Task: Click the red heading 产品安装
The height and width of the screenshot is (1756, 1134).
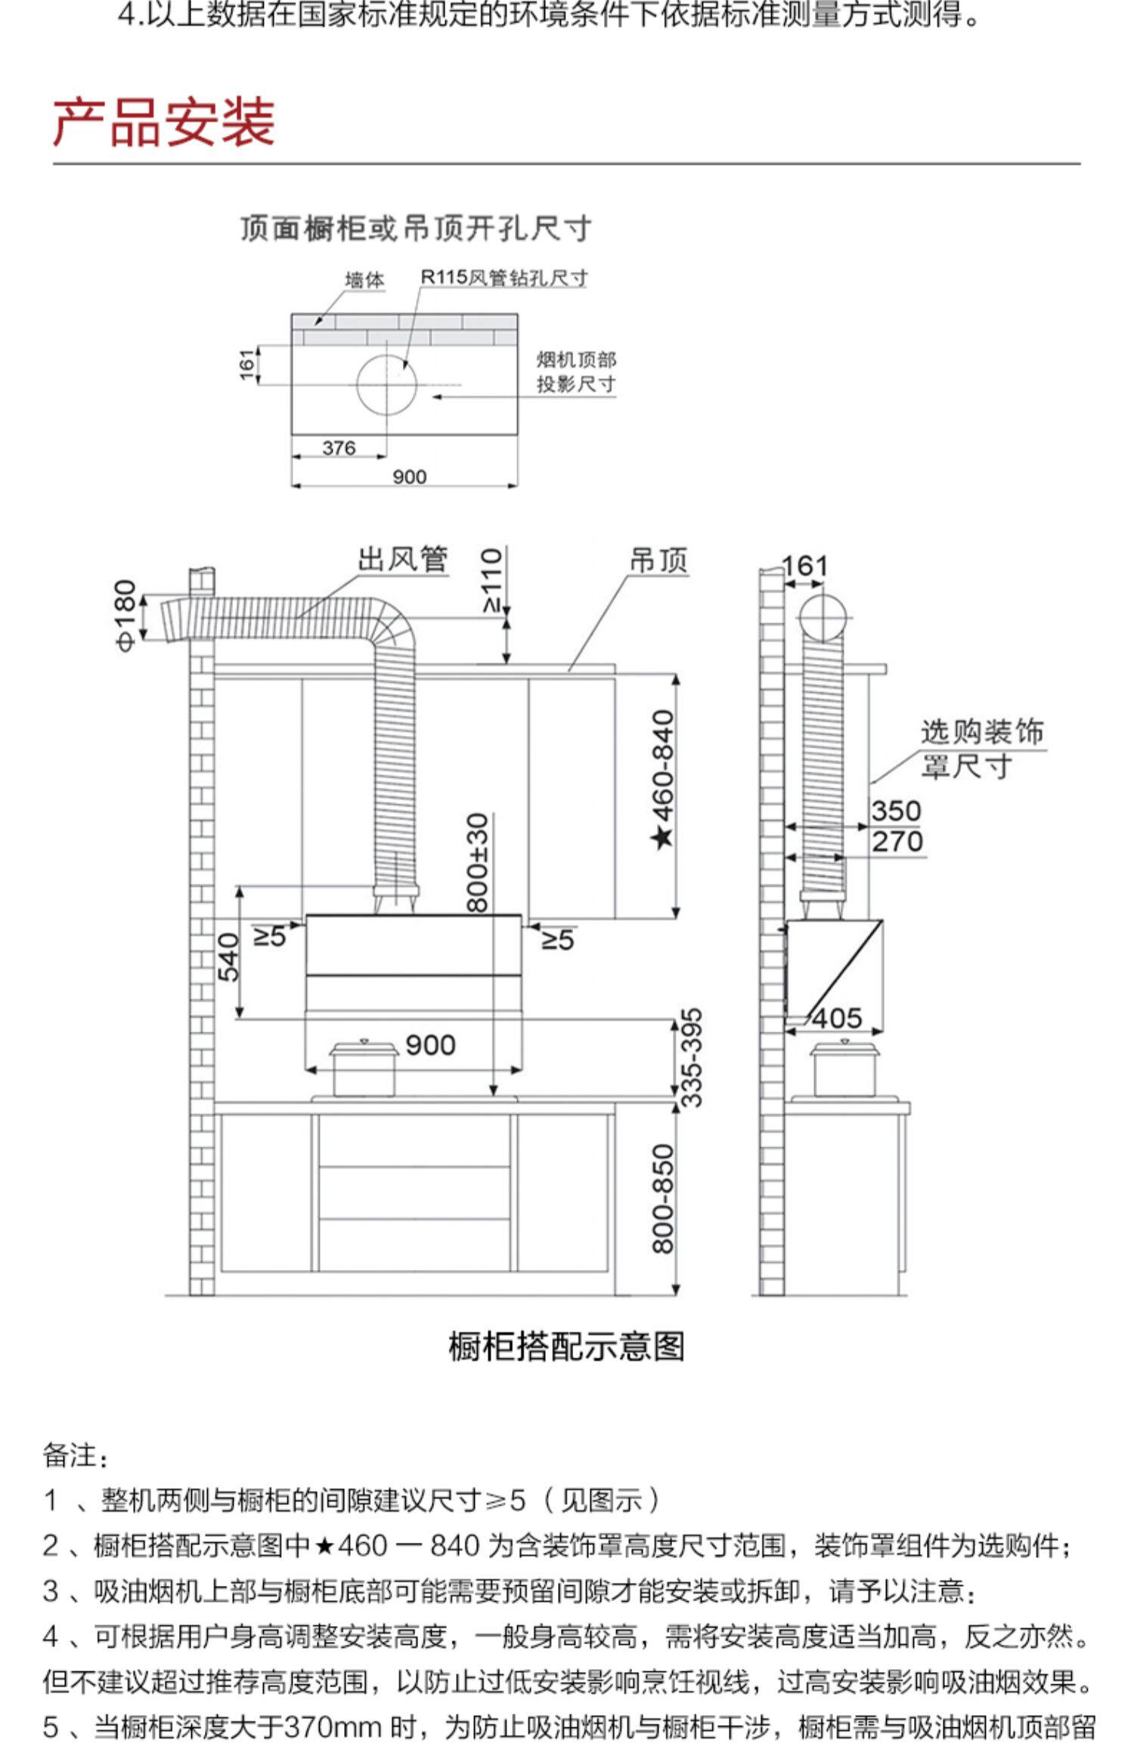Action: (163, 123)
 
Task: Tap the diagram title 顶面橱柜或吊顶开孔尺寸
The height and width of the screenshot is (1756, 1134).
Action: (415, 228)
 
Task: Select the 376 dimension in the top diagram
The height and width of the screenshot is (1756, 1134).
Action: (338, 448)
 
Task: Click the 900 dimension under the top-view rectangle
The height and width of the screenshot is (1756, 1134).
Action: (409, 477)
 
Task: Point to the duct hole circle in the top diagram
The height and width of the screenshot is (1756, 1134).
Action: (386, 385)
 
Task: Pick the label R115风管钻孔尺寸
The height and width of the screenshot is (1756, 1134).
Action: (503, 278)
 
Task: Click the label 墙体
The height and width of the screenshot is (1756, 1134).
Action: (364, 281)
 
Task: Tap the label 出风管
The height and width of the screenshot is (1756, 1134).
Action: (402, 560)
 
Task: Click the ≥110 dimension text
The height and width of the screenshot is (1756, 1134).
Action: (492, 580)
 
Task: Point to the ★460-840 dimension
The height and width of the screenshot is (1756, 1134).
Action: (663, 779)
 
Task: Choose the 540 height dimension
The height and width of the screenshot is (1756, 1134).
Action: (228, 957)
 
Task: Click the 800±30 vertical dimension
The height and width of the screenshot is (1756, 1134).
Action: (478, 862)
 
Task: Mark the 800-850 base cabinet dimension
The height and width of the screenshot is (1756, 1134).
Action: (663, 1199)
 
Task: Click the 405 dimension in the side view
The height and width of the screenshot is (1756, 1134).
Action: (837, 1019)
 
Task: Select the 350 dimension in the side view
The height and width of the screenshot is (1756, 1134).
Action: (896, 811)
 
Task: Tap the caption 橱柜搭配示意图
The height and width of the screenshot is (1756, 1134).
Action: (566, 1347)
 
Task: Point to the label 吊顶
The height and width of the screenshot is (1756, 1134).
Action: (658, 561)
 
